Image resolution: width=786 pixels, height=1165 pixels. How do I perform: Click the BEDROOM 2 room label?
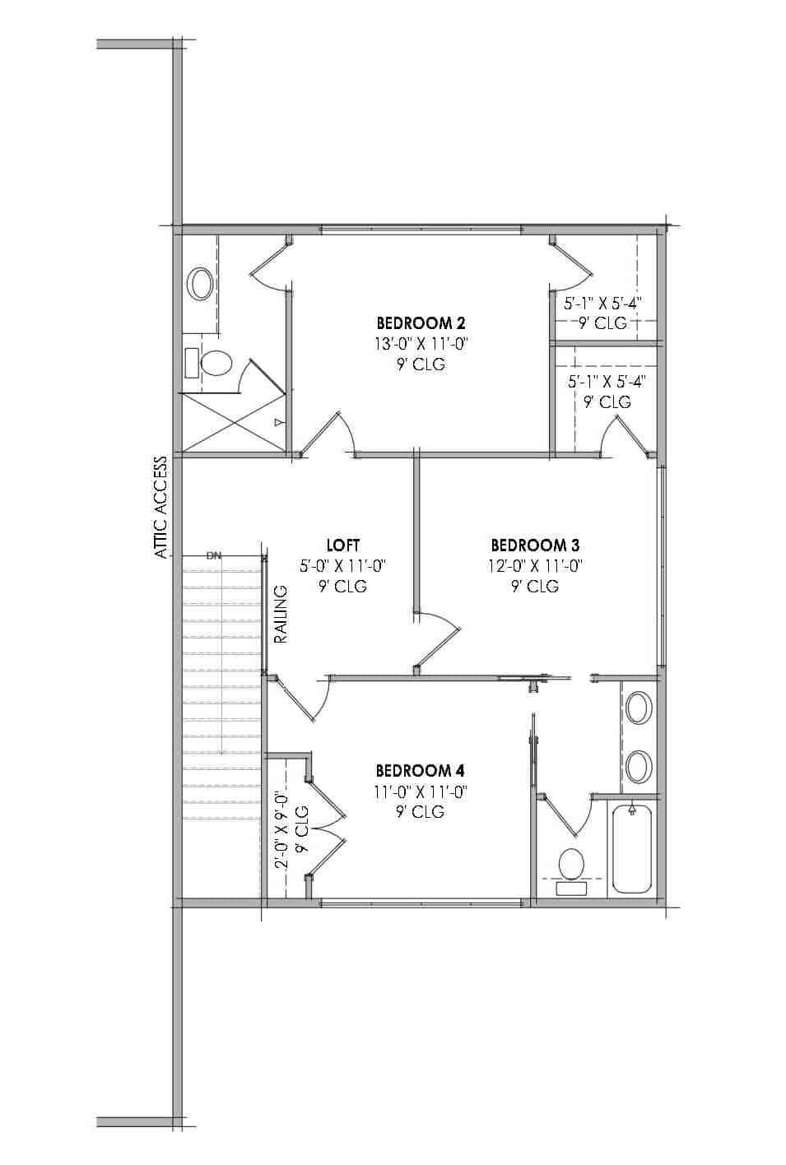(421, 323)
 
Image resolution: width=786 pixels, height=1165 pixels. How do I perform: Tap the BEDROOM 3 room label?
(534, 545)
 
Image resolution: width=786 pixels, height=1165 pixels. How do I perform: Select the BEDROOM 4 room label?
(420, 771)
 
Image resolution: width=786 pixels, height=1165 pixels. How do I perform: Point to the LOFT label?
(342, 545)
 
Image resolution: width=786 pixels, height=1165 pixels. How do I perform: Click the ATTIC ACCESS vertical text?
(161, 508)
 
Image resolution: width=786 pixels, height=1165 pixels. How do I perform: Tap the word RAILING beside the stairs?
(281, 614)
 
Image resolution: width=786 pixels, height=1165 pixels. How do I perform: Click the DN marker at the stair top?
(214, 555)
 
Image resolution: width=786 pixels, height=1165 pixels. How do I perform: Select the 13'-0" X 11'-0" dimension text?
(421, 344)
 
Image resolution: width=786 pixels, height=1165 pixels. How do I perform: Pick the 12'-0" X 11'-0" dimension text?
(535, 566)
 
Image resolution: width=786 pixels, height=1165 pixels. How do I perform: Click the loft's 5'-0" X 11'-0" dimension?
(342, 566)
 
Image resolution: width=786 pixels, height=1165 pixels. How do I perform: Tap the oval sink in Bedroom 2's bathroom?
(200, 284)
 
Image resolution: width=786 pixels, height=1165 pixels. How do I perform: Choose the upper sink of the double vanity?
(639, 708)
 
